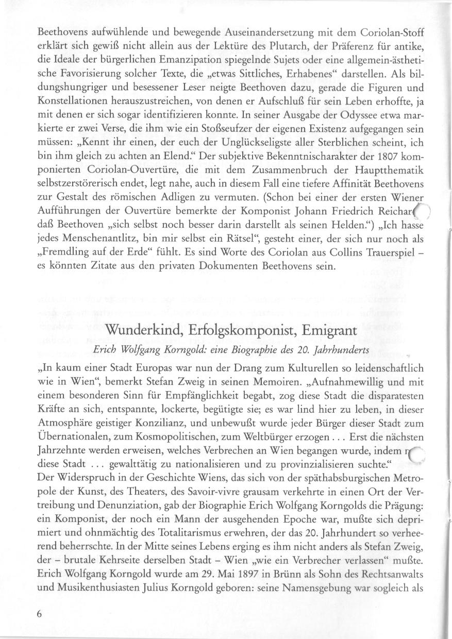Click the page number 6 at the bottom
click(39, 614)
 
